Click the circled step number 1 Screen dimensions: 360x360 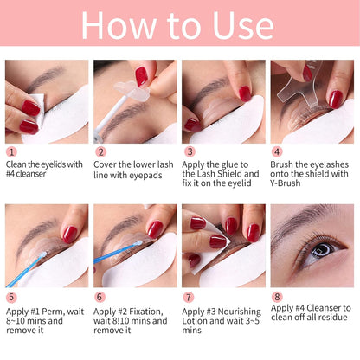pyautogui.click(x=10, y=151)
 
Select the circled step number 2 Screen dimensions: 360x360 pyautogui.click(x=99, y=151)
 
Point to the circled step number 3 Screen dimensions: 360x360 pyautogui.click(x=187, y=151)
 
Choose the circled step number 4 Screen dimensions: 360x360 pyautogui.click(x=276, y=151)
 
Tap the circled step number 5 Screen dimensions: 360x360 pyautogui.click(x=10, y=296)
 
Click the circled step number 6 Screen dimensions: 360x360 pyautogui.click(x=99, y=296)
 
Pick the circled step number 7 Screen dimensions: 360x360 pyautogui.click(x=187, y=296)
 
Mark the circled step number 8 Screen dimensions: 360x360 pyautogui.click(x=276, y=296)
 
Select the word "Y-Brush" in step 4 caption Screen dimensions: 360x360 pyautogui.click(x=291, y=183)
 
